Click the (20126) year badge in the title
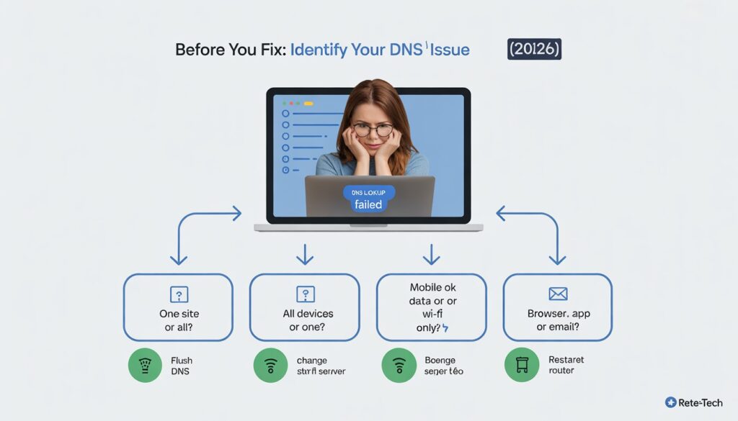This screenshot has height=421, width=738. [534, 50]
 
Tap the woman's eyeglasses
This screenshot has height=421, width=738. [373, 130]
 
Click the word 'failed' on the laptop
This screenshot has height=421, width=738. [368, 205]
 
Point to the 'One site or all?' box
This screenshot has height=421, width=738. [178, 307]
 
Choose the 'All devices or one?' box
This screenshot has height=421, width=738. [304, 307]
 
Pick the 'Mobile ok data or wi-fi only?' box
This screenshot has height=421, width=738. [431, 307]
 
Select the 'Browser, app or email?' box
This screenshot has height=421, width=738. [557, 307]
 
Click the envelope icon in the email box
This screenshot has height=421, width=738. [558, 294]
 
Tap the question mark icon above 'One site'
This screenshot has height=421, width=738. [179, 294]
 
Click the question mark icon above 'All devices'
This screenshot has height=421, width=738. [305, 294]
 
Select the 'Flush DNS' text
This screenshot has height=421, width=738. [182, 365]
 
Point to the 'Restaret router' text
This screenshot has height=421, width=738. [566, 365]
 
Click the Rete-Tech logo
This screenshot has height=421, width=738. [693, 403]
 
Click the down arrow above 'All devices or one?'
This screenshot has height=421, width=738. [305, 254]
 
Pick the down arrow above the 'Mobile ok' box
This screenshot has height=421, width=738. [431, 254]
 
